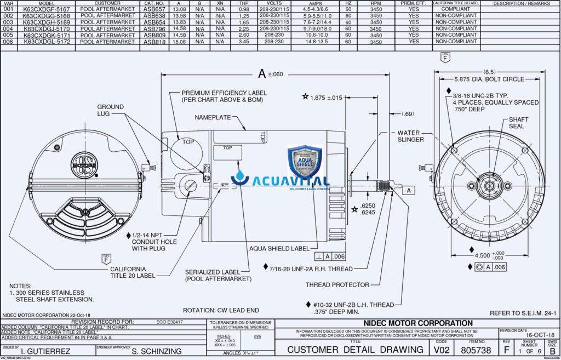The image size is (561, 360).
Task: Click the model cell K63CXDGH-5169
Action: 47,22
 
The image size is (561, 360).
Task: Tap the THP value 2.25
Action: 244,28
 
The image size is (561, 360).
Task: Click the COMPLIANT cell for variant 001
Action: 455,9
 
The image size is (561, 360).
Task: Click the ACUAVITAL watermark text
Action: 288,181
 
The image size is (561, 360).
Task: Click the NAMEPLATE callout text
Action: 213,117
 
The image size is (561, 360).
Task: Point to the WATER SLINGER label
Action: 410,136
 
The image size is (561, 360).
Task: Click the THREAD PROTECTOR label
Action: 337,285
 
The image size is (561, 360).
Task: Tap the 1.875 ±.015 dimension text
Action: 326,98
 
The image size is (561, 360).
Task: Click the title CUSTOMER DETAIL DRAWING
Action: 355,350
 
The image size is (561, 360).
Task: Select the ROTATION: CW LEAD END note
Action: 221,310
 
